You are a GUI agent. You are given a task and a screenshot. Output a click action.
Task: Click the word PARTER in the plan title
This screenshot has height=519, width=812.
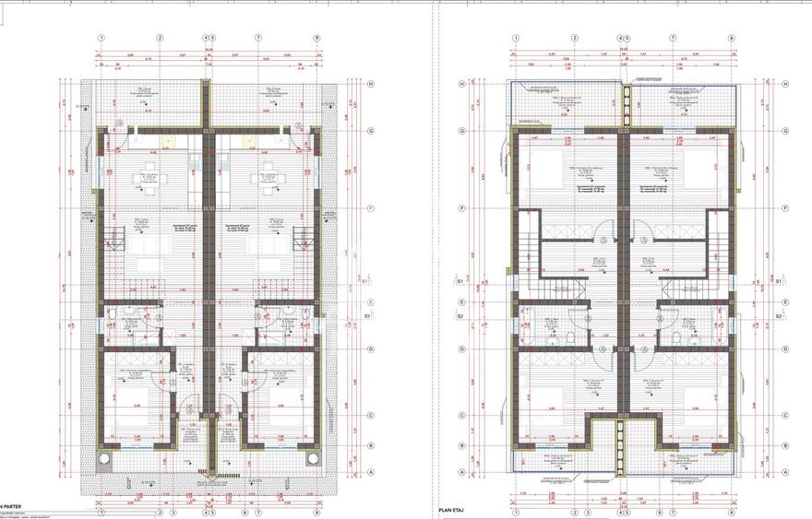(12, 505)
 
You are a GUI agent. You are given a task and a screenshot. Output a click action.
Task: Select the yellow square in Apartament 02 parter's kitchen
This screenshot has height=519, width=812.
(247, 143)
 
